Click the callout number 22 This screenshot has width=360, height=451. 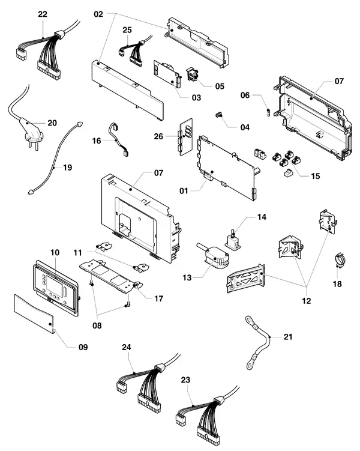[x=43, y=14]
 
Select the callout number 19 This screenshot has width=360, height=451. [x=68, y=168]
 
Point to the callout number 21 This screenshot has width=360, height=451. [x=288, y=336]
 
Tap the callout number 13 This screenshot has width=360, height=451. [x=187, y=277]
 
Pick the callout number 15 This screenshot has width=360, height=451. [x=316, y=176]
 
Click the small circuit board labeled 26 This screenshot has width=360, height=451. [x=186, y=137]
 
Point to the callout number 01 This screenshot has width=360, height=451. [x=184, y=191]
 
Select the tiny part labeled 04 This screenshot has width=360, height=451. [x=220, y=115]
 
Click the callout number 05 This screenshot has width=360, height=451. [x=220, y=86]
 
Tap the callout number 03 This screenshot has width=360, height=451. [x=197, y=98]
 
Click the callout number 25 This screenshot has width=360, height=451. [x=127, y=30]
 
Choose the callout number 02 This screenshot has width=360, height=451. [x=98, y=14]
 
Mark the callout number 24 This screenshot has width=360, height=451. [x=127, y=347]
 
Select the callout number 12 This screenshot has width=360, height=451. [x=307, y=301]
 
